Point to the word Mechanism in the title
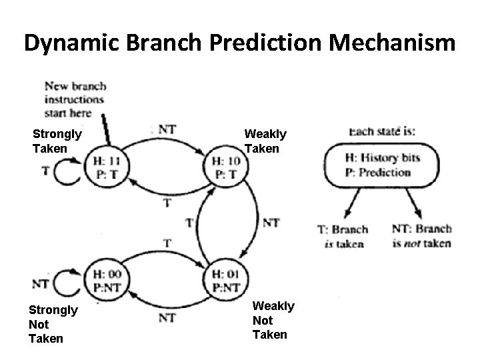(393, 43)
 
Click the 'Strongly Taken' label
(57, 141)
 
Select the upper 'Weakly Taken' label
(265, 141)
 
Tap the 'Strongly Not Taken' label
(53, 324)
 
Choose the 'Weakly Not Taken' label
(273, 320)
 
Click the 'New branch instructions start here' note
(75, 99)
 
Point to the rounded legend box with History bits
(381, 165)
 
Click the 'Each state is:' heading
(382, 131)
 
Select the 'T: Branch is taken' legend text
(343, 237)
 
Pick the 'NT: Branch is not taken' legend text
(421, 236)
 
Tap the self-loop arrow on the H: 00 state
(67, 283)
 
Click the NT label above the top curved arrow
(167, 129)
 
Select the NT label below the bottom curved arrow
(167, 319)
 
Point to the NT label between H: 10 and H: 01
(271, 223)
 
